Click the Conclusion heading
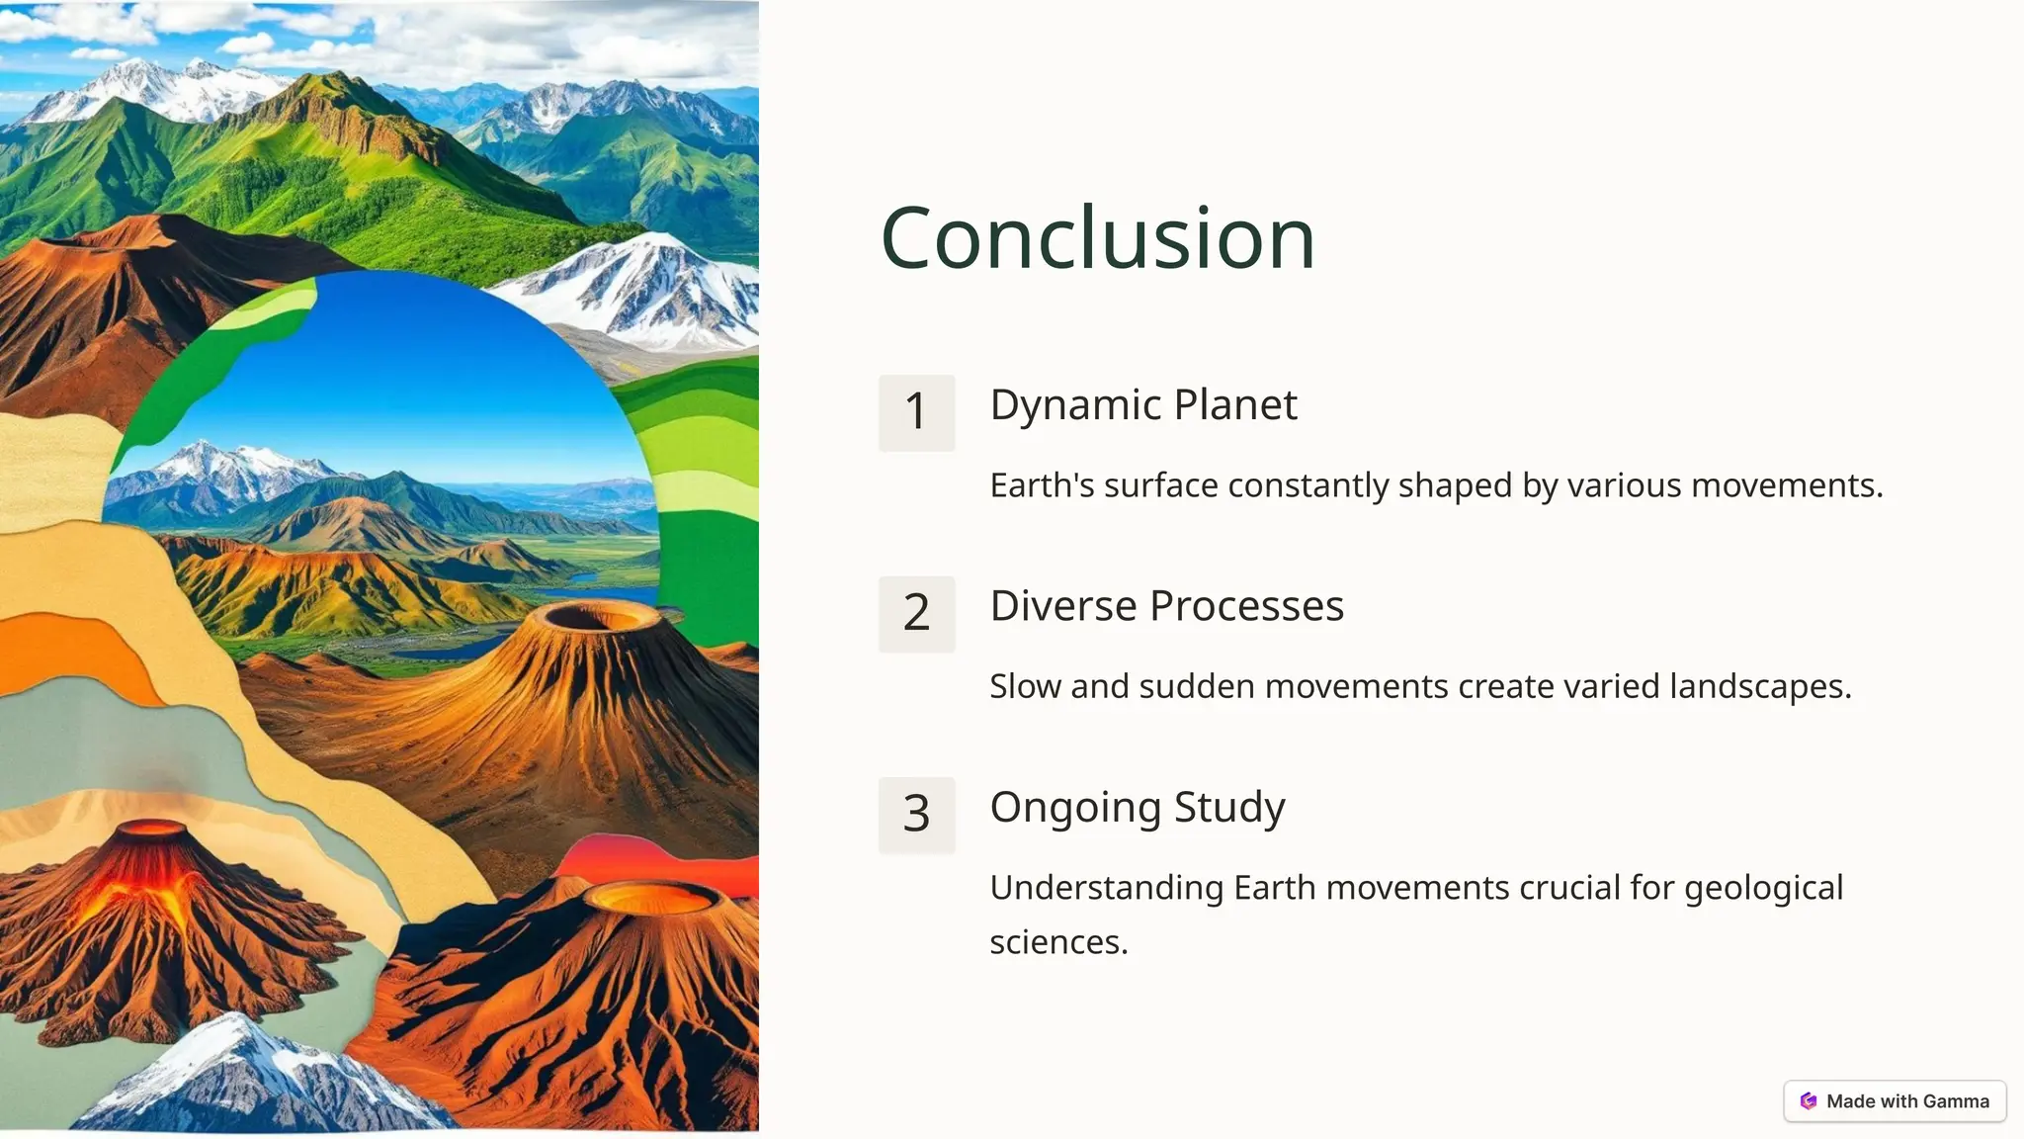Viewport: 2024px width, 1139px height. pos(1097,238)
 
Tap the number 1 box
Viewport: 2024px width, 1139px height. pos(916,412)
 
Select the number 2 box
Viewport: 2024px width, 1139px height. pos(916,614)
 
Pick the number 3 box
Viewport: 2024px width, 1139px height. pos(916,815)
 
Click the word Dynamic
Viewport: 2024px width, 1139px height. pos(1075,405)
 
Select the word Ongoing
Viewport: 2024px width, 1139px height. pos(1075,808)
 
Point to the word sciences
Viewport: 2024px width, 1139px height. pos(1057,942)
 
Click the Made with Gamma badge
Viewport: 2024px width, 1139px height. pos(1895,1101)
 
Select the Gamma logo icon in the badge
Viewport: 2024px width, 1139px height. pos(1809,1101)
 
